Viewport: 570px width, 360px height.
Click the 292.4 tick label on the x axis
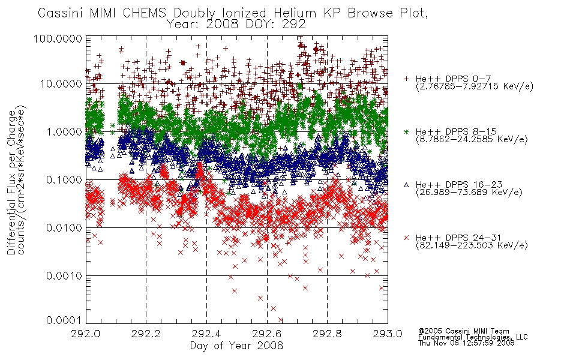[206, 334]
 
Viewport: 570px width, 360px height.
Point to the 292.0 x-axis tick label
[86, 334]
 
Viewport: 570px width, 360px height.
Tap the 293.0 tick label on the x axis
[388, 334]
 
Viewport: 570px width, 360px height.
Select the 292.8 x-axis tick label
[327, 334]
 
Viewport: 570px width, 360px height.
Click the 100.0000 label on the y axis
[58, 38]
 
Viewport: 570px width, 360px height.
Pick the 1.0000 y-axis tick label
[64, 131]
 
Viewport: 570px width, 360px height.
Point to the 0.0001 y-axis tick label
[64, 320]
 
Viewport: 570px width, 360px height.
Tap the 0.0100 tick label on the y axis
[64, 228]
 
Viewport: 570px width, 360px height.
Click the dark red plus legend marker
[406, 79]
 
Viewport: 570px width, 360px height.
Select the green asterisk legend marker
[406, 131]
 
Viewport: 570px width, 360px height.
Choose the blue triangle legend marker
[406, 185]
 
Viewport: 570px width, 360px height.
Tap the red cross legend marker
[406, 238]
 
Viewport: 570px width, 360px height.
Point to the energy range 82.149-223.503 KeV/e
[472, 245]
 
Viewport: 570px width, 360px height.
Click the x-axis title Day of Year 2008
[236, 345]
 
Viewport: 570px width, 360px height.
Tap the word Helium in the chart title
[295, 13]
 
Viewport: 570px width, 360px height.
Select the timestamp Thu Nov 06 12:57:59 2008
[466, 343]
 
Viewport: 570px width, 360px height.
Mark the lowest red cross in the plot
[281, 320]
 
